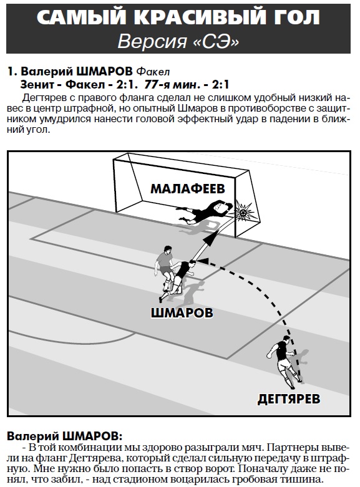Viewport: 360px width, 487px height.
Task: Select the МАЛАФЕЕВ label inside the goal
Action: (x=187, y=188)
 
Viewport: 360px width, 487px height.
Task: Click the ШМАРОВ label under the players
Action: (x=182, y=312)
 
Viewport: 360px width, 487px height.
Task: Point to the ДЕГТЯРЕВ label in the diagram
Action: (x=289, y=399)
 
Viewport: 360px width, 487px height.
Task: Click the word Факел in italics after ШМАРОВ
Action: (x=153, y=72)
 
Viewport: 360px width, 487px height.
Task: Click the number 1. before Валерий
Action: (x=12, y=72)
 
